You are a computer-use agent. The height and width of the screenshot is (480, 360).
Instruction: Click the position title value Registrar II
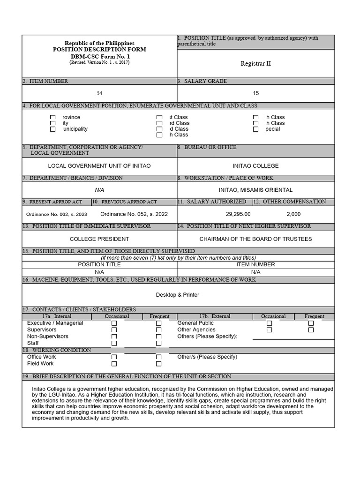click(x=255, y=64)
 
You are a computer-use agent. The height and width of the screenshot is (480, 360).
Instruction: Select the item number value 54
click(x=99, y=93)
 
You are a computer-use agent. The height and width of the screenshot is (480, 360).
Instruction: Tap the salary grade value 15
click(x=255, y=93)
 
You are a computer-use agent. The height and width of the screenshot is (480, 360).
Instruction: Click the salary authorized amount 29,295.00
click(x=238, y=214)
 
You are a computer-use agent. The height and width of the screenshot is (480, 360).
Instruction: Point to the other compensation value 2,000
click(x=293, y=214)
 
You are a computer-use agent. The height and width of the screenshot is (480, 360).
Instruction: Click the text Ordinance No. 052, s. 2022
click(x=134, y=214)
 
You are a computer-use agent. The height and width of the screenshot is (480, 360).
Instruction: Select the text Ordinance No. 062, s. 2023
click(x=56, y=214)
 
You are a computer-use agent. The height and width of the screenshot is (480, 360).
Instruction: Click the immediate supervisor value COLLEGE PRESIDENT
click(x=99, y=239)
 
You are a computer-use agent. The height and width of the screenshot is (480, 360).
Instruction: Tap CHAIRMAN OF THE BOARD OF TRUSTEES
click(x=255, y=239)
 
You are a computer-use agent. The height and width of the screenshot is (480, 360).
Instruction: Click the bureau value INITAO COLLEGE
click(x=255, y=166)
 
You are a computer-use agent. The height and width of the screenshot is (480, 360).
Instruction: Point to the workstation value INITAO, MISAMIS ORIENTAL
click(x=255, y=190)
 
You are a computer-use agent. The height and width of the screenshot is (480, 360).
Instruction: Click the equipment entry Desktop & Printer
click(x=178, y=295)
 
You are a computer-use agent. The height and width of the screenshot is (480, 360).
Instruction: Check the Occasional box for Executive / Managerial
click(x=114, y=323)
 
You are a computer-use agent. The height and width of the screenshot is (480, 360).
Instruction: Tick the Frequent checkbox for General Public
click(x=311, y=323)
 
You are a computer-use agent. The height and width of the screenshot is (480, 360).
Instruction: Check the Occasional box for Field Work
click(x=114, y=364)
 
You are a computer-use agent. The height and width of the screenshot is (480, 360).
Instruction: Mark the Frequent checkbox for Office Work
click(x=158, y=357)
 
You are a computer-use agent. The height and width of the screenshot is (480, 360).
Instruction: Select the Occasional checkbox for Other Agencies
click(x=269, y=330)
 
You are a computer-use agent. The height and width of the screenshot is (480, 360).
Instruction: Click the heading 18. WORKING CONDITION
click(x=57, y=350)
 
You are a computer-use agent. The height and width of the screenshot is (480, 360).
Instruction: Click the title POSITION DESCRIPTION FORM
click(x=99, y=50)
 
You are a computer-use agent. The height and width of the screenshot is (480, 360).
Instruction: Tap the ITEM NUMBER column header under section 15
click(x=255, y=264)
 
